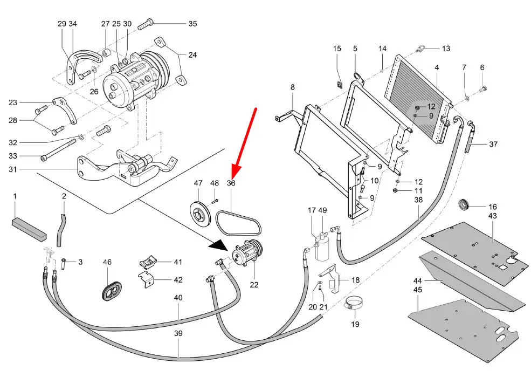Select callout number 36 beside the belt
(231, 184)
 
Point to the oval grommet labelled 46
(111, 288)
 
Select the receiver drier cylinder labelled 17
(323, 247)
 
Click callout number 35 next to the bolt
(192, 24)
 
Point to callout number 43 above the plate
(493, 216)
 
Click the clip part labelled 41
(148, 262)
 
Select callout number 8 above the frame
(293, 87)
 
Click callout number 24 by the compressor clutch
(192, 55)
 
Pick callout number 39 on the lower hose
(178, 333)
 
